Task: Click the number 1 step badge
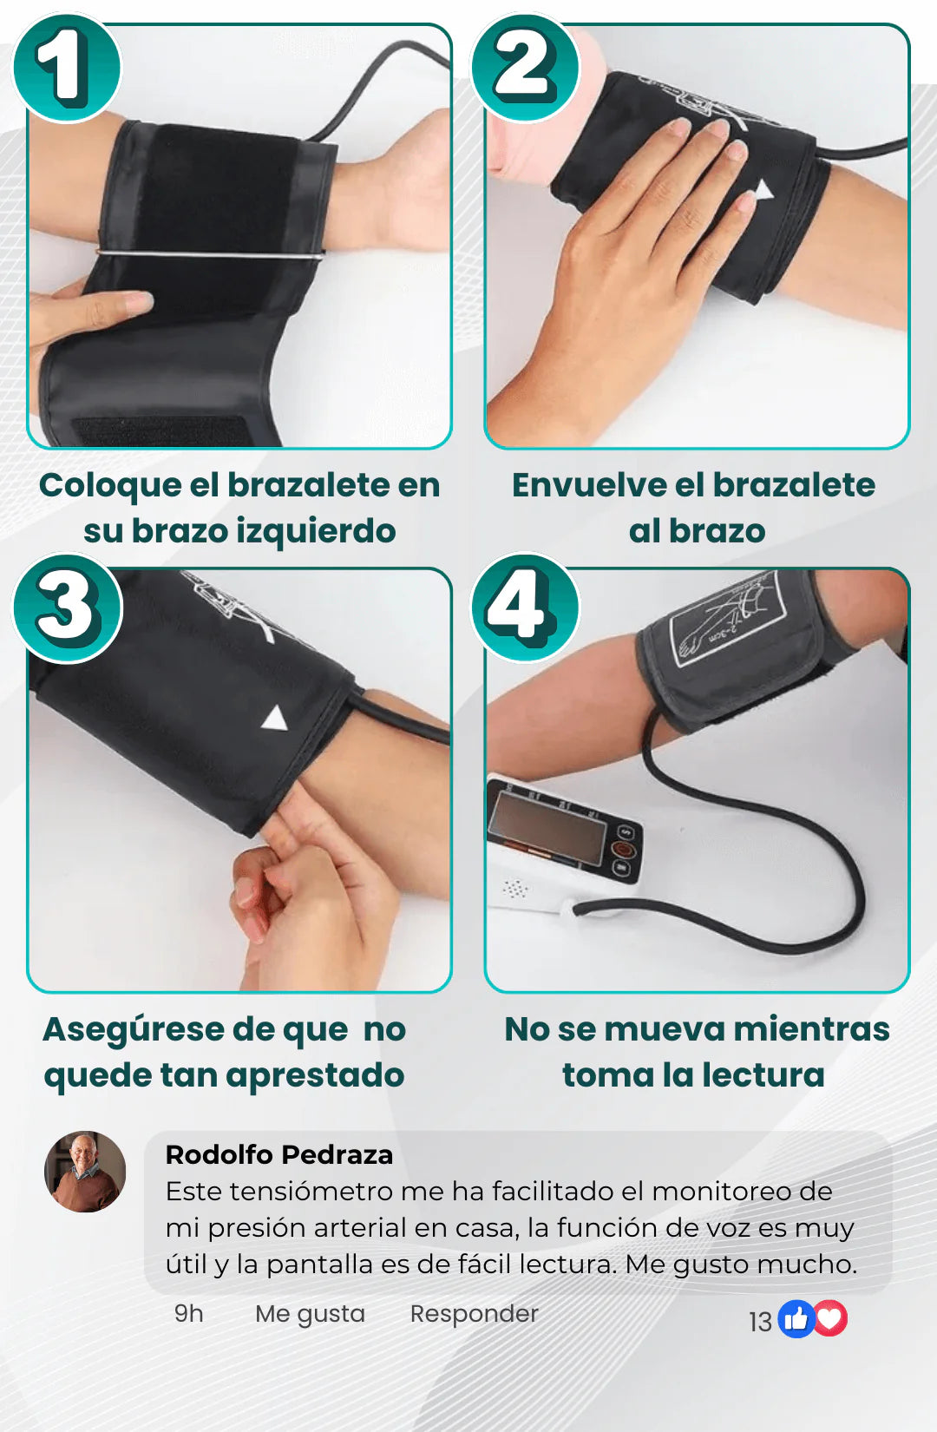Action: [x=66, y=67]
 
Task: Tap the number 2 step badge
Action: [x=525, y=67]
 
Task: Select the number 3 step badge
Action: [x=67, y=608]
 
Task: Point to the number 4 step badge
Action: [x=525, y=608]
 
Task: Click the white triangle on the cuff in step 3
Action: [x=275, y=719]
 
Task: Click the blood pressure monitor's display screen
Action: [x=546, y=828]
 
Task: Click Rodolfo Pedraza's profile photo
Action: [x=85, y=1172]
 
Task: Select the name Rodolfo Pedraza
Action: [x=278, y=1154]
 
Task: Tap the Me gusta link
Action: [x=310, y=1313]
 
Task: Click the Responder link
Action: [x=474, y=1313]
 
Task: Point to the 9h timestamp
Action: [x=188, y=1313]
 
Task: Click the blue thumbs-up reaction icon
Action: [x=795, y=1319]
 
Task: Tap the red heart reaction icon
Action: [x=830, y=1319]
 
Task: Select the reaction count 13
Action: [x=760, y=1322]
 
